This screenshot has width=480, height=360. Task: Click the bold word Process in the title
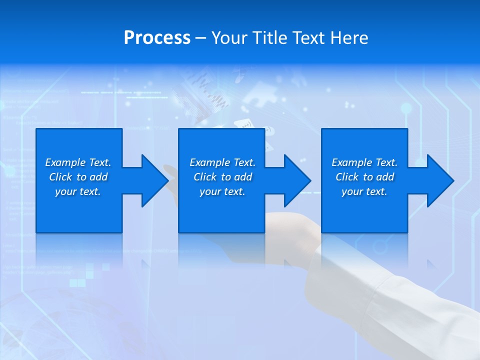point(157,37)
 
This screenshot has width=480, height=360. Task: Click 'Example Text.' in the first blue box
point(78,162)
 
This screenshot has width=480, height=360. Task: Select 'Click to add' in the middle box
point(222,177)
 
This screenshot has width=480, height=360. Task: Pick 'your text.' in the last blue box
point(364,191)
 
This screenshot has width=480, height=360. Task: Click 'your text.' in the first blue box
point(78,191)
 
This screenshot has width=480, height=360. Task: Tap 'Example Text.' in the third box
point(364,162)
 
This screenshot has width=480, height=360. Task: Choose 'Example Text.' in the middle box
point(222,162)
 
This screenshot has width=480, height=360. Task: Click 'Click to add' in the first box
point(78,177)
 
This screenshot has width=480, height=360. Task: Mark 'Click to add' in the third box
point(364,177)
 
